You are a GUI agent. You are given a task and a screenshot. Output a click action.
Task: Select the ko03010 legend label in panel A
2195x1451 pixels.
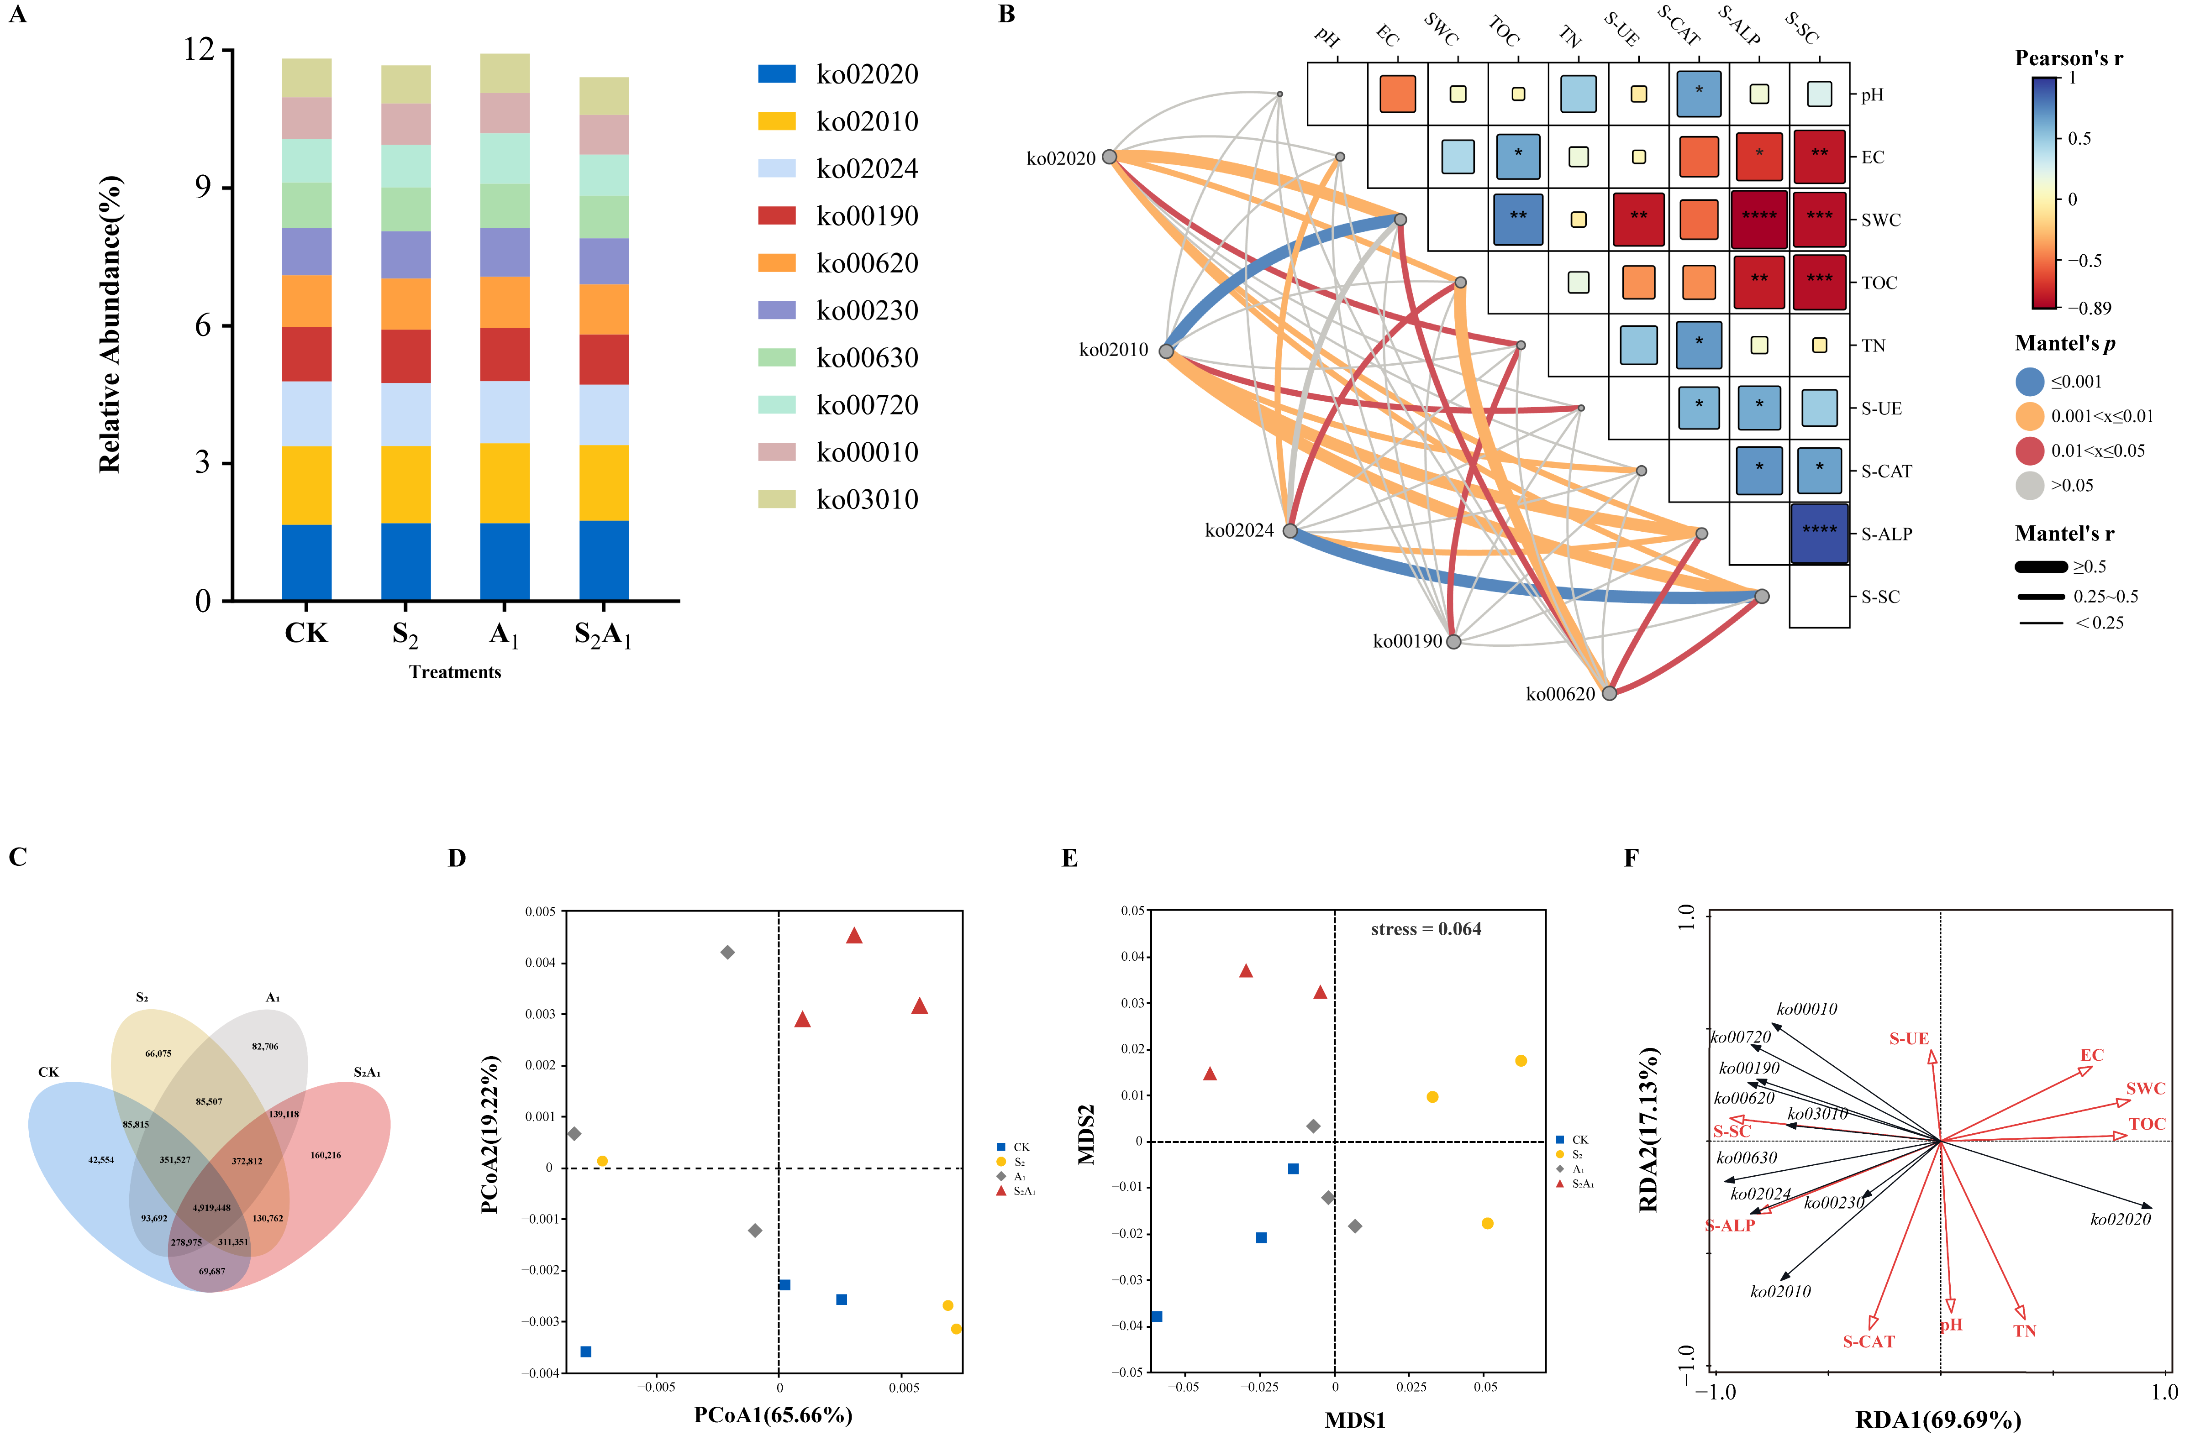(867, 500)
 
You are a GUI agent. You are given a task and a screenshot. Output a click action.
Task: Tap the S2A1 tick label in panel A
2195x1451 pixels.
(603, 635)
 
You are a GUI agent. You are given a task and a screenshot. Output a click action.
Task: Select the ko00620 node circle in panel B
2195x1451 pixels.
(1609, 693)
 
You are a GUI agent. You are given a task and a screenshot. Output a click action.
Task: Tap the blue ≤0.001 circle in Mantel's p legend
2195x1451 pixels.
(2029, 381)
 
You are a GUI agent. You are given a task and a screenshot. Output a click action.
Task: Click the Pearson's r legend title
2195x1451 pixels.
(2068, 58)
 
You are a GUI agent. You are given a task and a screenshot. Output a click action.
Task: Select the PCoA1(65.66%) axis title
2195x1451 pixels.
(773, 1415)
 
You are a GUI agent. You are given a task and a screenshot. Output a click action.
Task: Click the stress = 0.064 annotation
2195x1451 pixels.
(1426, 929)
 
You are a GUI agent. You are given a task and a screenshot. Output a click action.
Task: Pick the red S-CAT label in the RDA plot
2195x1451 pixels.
(1868, 1342)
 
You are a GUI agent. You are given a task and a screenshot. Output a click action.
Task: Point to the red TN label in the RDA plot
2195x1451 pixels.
(2025, 1331)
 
